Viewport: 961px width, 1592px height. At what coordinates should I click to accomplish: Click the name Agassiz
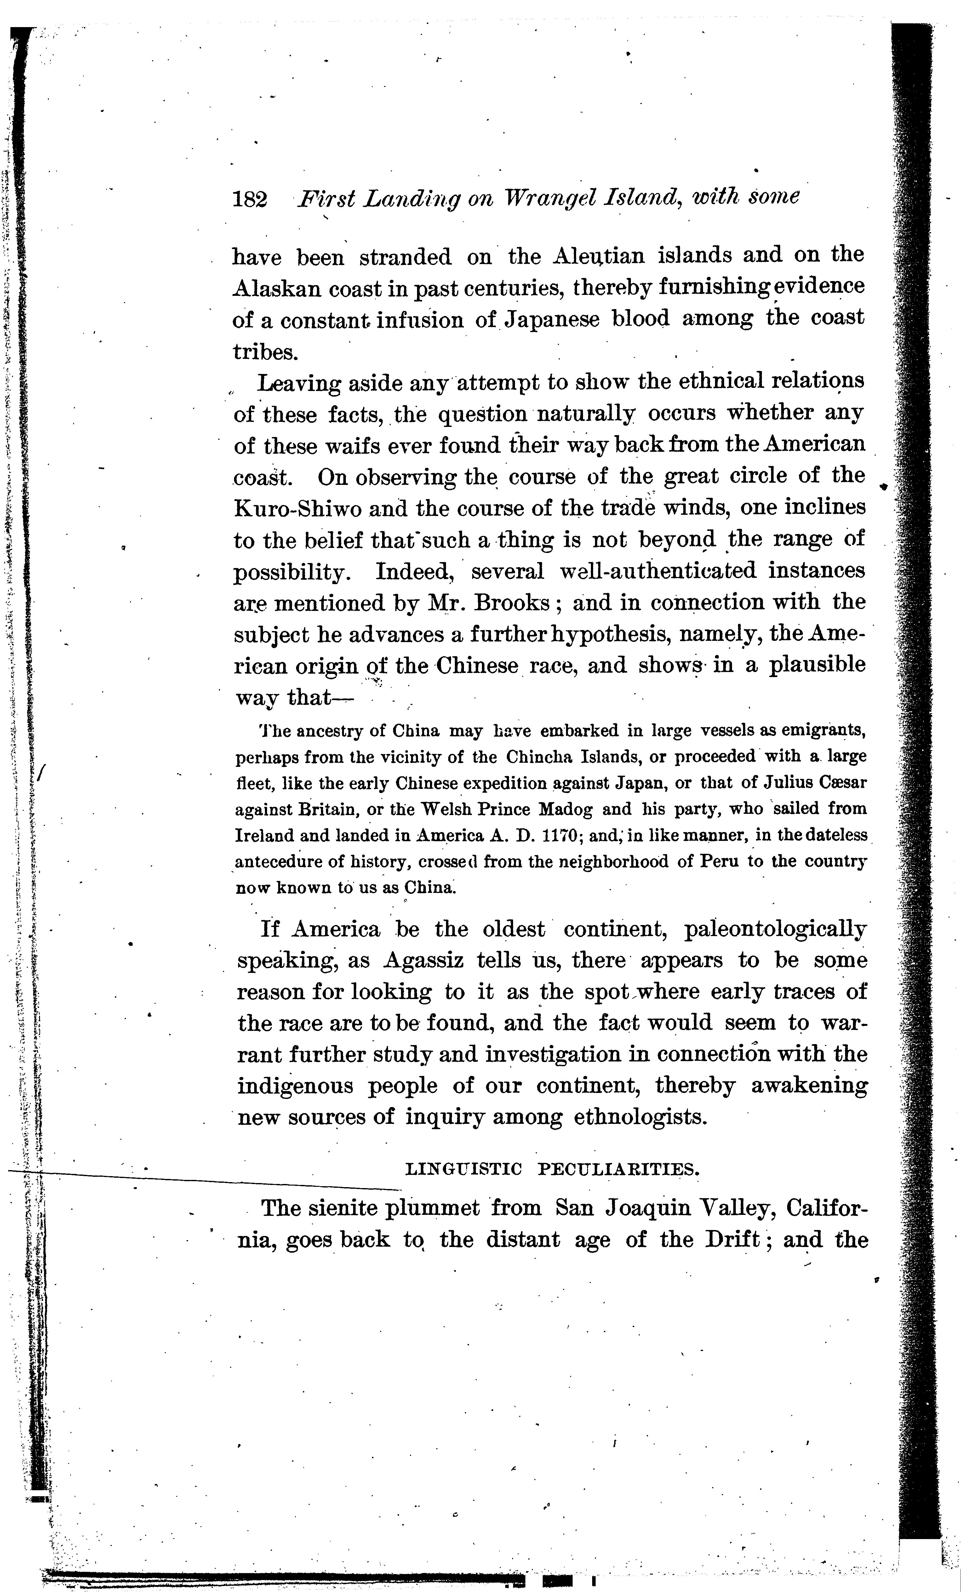click(423, 961)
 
